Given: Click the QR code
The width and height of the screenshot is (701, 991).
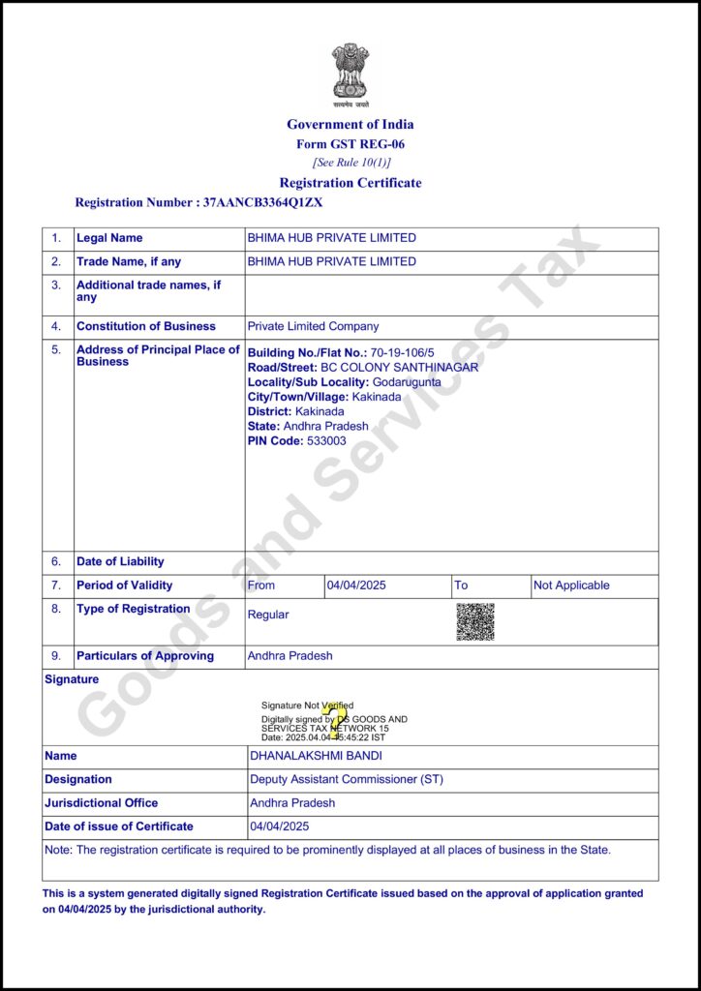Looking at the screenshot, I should point(475,621).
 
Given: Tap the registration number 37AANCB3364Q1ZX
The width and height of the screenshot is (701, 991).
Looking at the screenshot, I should point(262,203).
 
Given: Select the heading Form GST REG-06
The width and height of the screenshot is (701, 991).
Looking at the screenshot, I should point(350,144).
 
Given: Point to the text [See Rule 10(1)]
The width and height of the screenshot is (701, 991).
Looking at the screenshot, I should point(350,163).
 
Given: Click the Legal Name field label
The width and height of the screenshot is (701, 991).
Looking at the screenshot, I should point(109,238).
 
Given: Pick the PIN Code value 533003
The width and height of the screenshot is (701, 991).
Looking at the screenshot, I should point(326,441).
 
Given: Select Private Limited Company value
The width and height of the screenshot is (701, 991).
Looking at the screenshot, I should point(313,327).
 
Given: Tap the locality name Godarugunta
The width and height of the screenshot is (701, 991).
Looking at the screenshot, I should point(406,382).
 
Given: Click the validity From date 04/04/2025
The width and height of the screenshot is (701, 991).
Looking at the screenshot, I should point(356,586).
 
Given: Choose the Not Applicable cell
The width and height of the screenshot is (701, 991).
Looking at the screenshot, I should point(571,586).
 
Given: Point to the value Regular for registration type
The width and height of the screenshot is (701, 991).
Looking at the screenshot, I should point(268,615).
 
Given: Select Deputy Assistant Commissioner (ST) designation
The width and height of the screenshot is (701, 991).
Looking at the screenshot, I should point(347,780).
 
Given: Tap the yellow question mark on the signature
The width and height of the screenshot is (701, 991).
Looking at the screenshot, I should point(334,719).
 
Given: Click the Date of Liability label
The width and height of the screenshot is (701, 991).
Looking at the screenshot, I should point(120,561).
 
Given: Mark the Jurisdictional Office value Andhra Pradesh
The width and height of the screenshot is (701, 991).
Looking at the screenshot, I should point(292,803).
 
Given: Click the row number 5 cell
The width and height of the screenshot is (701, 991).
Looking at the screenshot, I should point(56,350).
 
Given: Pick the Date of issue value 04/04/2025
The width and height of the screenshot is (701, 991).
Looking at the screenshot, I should point(280,826).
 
